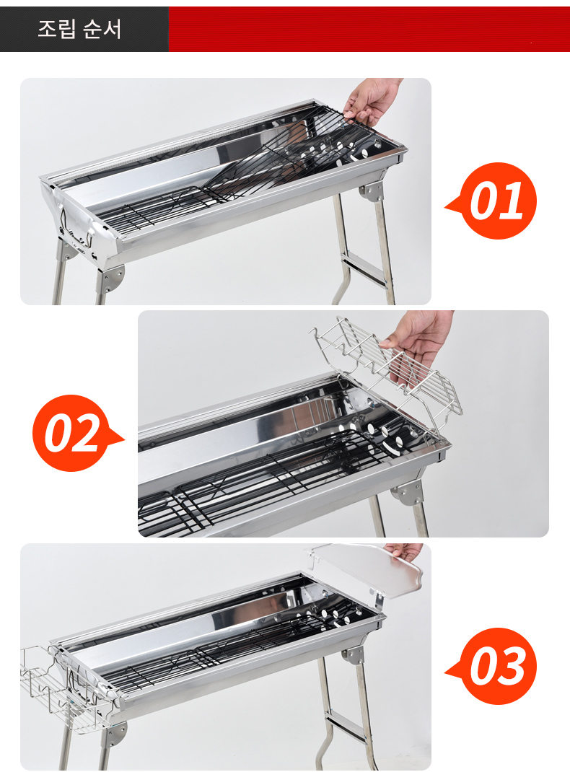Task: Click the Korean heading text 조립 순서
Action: [79, 29]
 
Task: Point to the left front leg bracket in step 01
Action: [113, 278]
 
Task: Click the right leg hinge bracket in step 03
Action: [354, 656]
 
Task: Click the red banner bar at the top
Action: [369, 29]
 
